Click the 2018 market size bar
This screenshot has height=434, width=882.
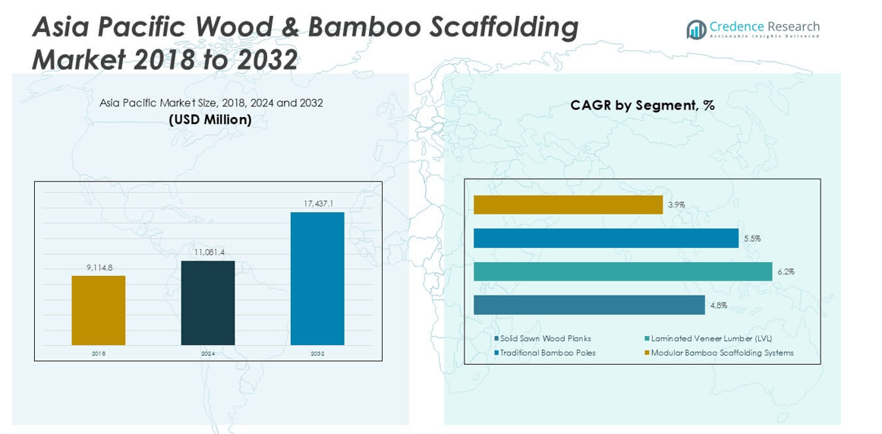pos(99,310)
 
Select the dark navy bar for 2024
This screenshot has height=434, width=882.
pos(207,303)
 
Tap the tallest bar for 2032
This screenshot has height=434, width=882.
pos(317,279)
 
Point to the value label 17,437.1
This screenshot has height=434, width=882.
pos(317,204)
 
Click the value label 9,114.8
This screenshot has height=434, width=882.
pos(99,268)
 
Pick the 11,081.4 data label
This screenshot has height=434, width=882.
pos(207,253)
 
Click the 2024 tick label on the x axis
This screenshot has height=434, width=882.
pos(208,353)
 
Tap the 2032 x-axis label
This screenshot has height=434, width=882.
pos(317,353)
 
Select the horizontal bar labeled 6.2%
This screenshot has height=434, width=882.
pos(622,271)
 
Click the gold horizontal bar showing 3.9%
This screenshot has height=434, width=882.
pos(568,205)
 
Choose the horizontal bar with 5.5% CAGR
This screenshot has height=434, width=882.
pos(606,238)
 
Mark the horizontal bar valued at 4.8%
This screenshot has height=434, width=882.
pos(589,305)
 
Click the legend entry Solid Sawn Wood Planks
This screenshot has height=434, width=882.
pos(542,339)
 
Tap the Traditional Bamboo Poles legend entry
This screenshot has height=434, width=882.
pos(544,353)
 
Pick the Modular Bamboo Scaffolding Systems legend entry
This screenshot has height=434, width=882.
pos(719,353)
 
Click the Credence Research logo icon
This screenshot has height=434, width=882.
pos(696,30)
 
